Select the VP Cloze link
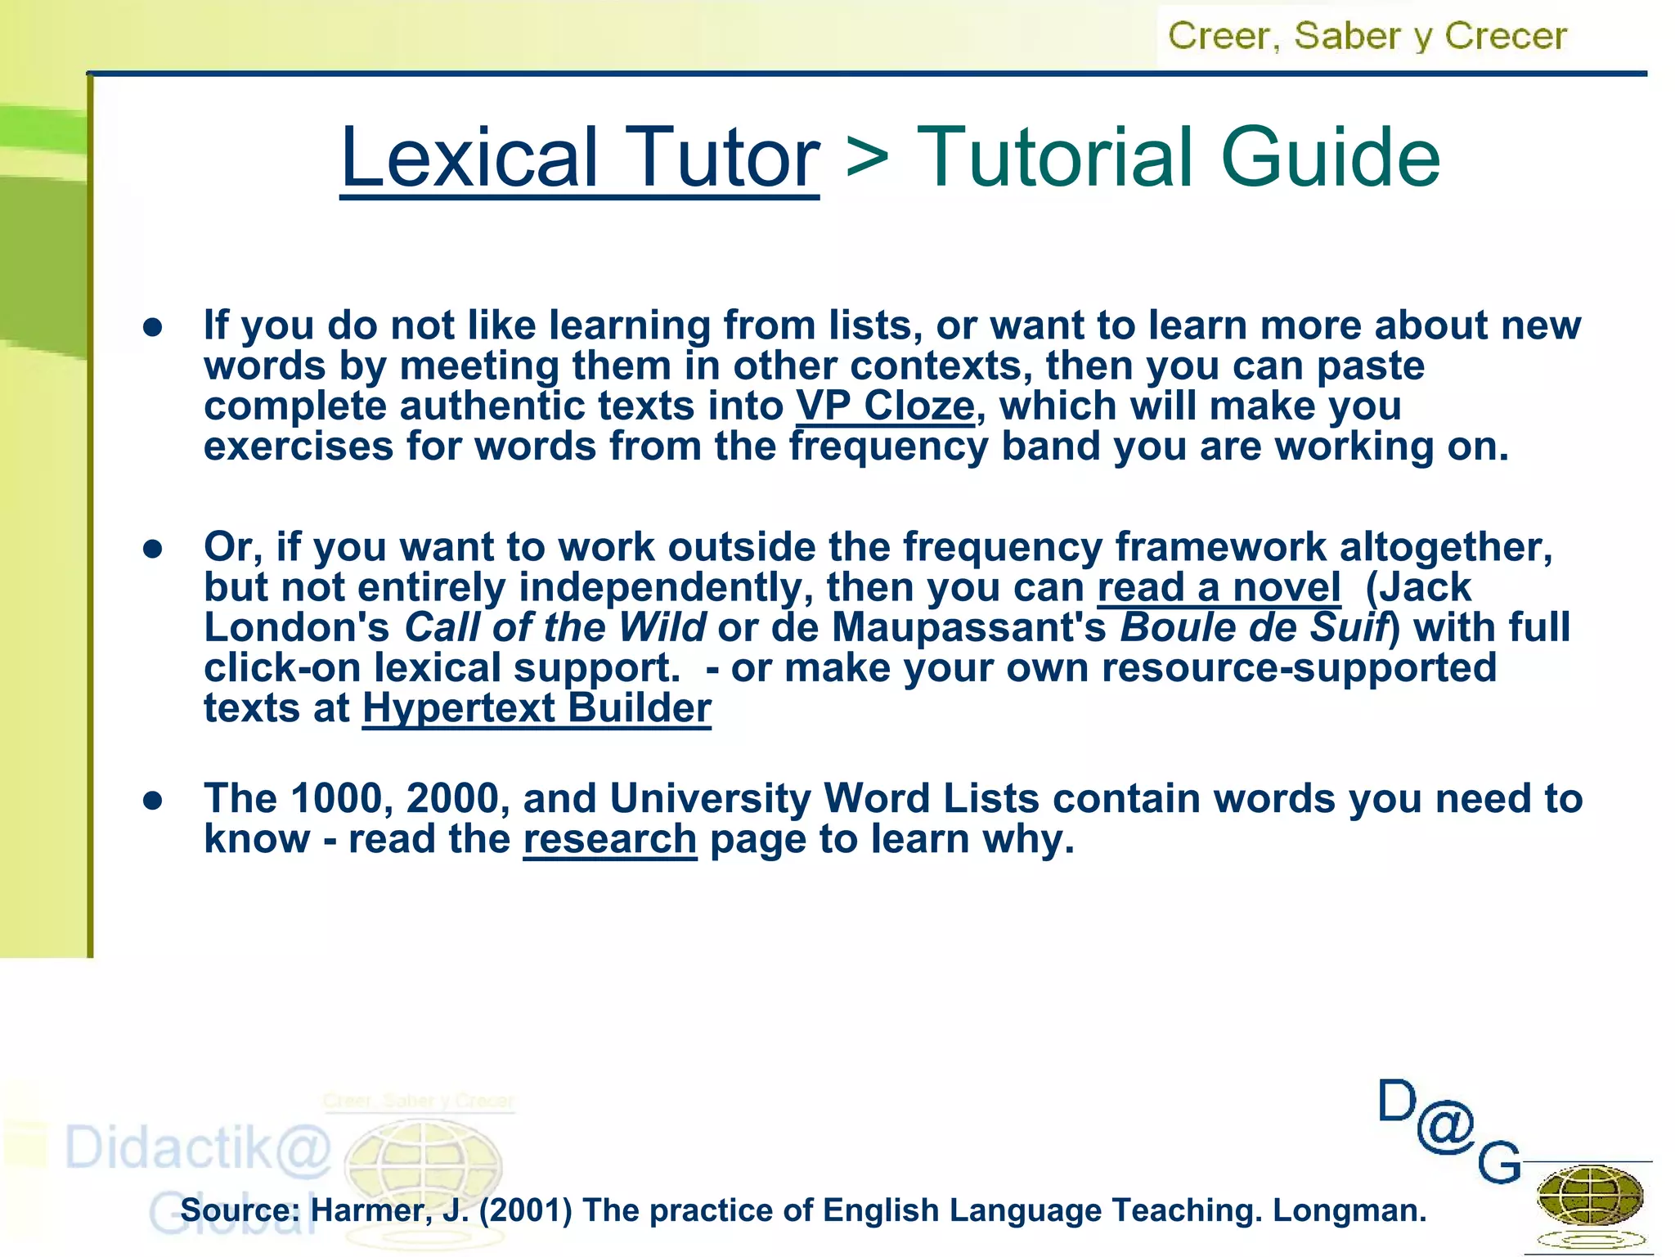[886, 406]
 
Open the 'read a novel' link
[1219, 587]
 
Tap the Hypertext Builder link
[537, 708]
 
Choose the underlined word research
[610, 839]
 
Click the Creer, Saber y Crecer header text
[1367, 36]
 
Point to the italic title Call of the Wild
[555, 628]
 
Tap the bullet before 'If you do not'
[153, 327]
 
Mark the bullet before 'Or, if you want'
[153, 549]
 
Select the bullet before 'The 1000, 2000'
[153, 800]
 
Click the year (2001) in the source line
[525, 1210]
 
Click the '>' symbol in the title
[867, 155]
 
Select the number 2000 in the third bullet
[452, 799]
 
